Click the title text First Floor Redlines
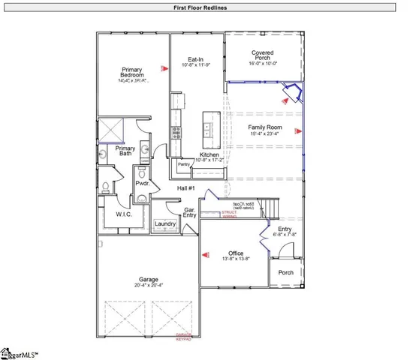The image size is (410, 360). (x=204, y=7)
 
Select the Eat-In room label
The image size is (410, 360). (x=197, y=59)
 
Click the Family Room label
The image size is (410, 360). (x=264, y=127)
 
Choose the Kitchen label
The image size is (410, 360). (x=209, y=154)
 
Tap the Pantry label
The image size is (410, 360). (x=182, y=163)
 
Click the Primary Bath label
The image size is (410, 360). (x=125, y=151)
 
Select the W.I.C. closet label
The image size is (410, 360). (x=125, y=215)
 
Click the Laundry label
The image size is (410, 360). (x=165, y=223)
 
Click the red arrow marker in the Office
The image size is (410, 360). (x=204, y=256)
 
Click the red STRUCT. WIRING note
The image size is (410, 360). (x=229, y=215)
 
